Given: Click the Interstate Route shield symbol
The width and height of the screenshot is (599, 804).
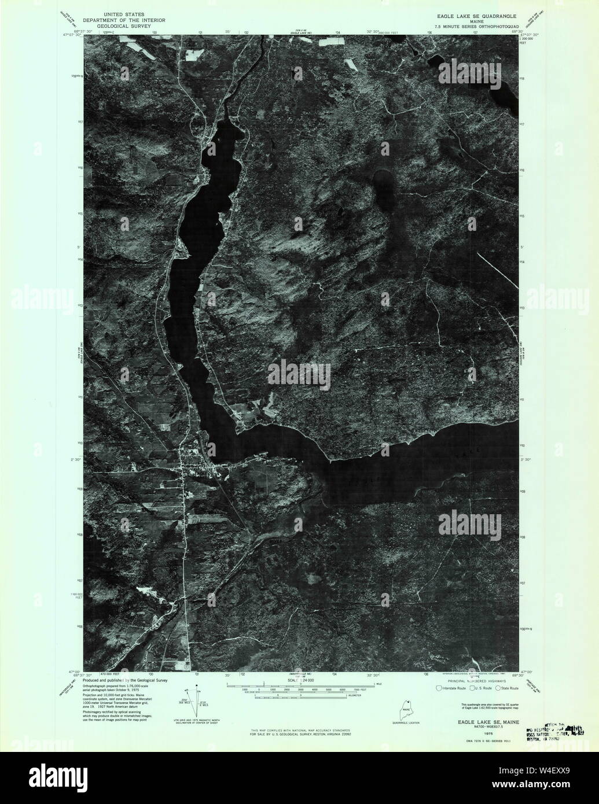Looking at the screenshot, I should point(439,688).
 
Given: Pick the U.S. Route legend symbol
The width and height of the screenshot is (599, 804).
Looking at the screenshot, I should point(472,688).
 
